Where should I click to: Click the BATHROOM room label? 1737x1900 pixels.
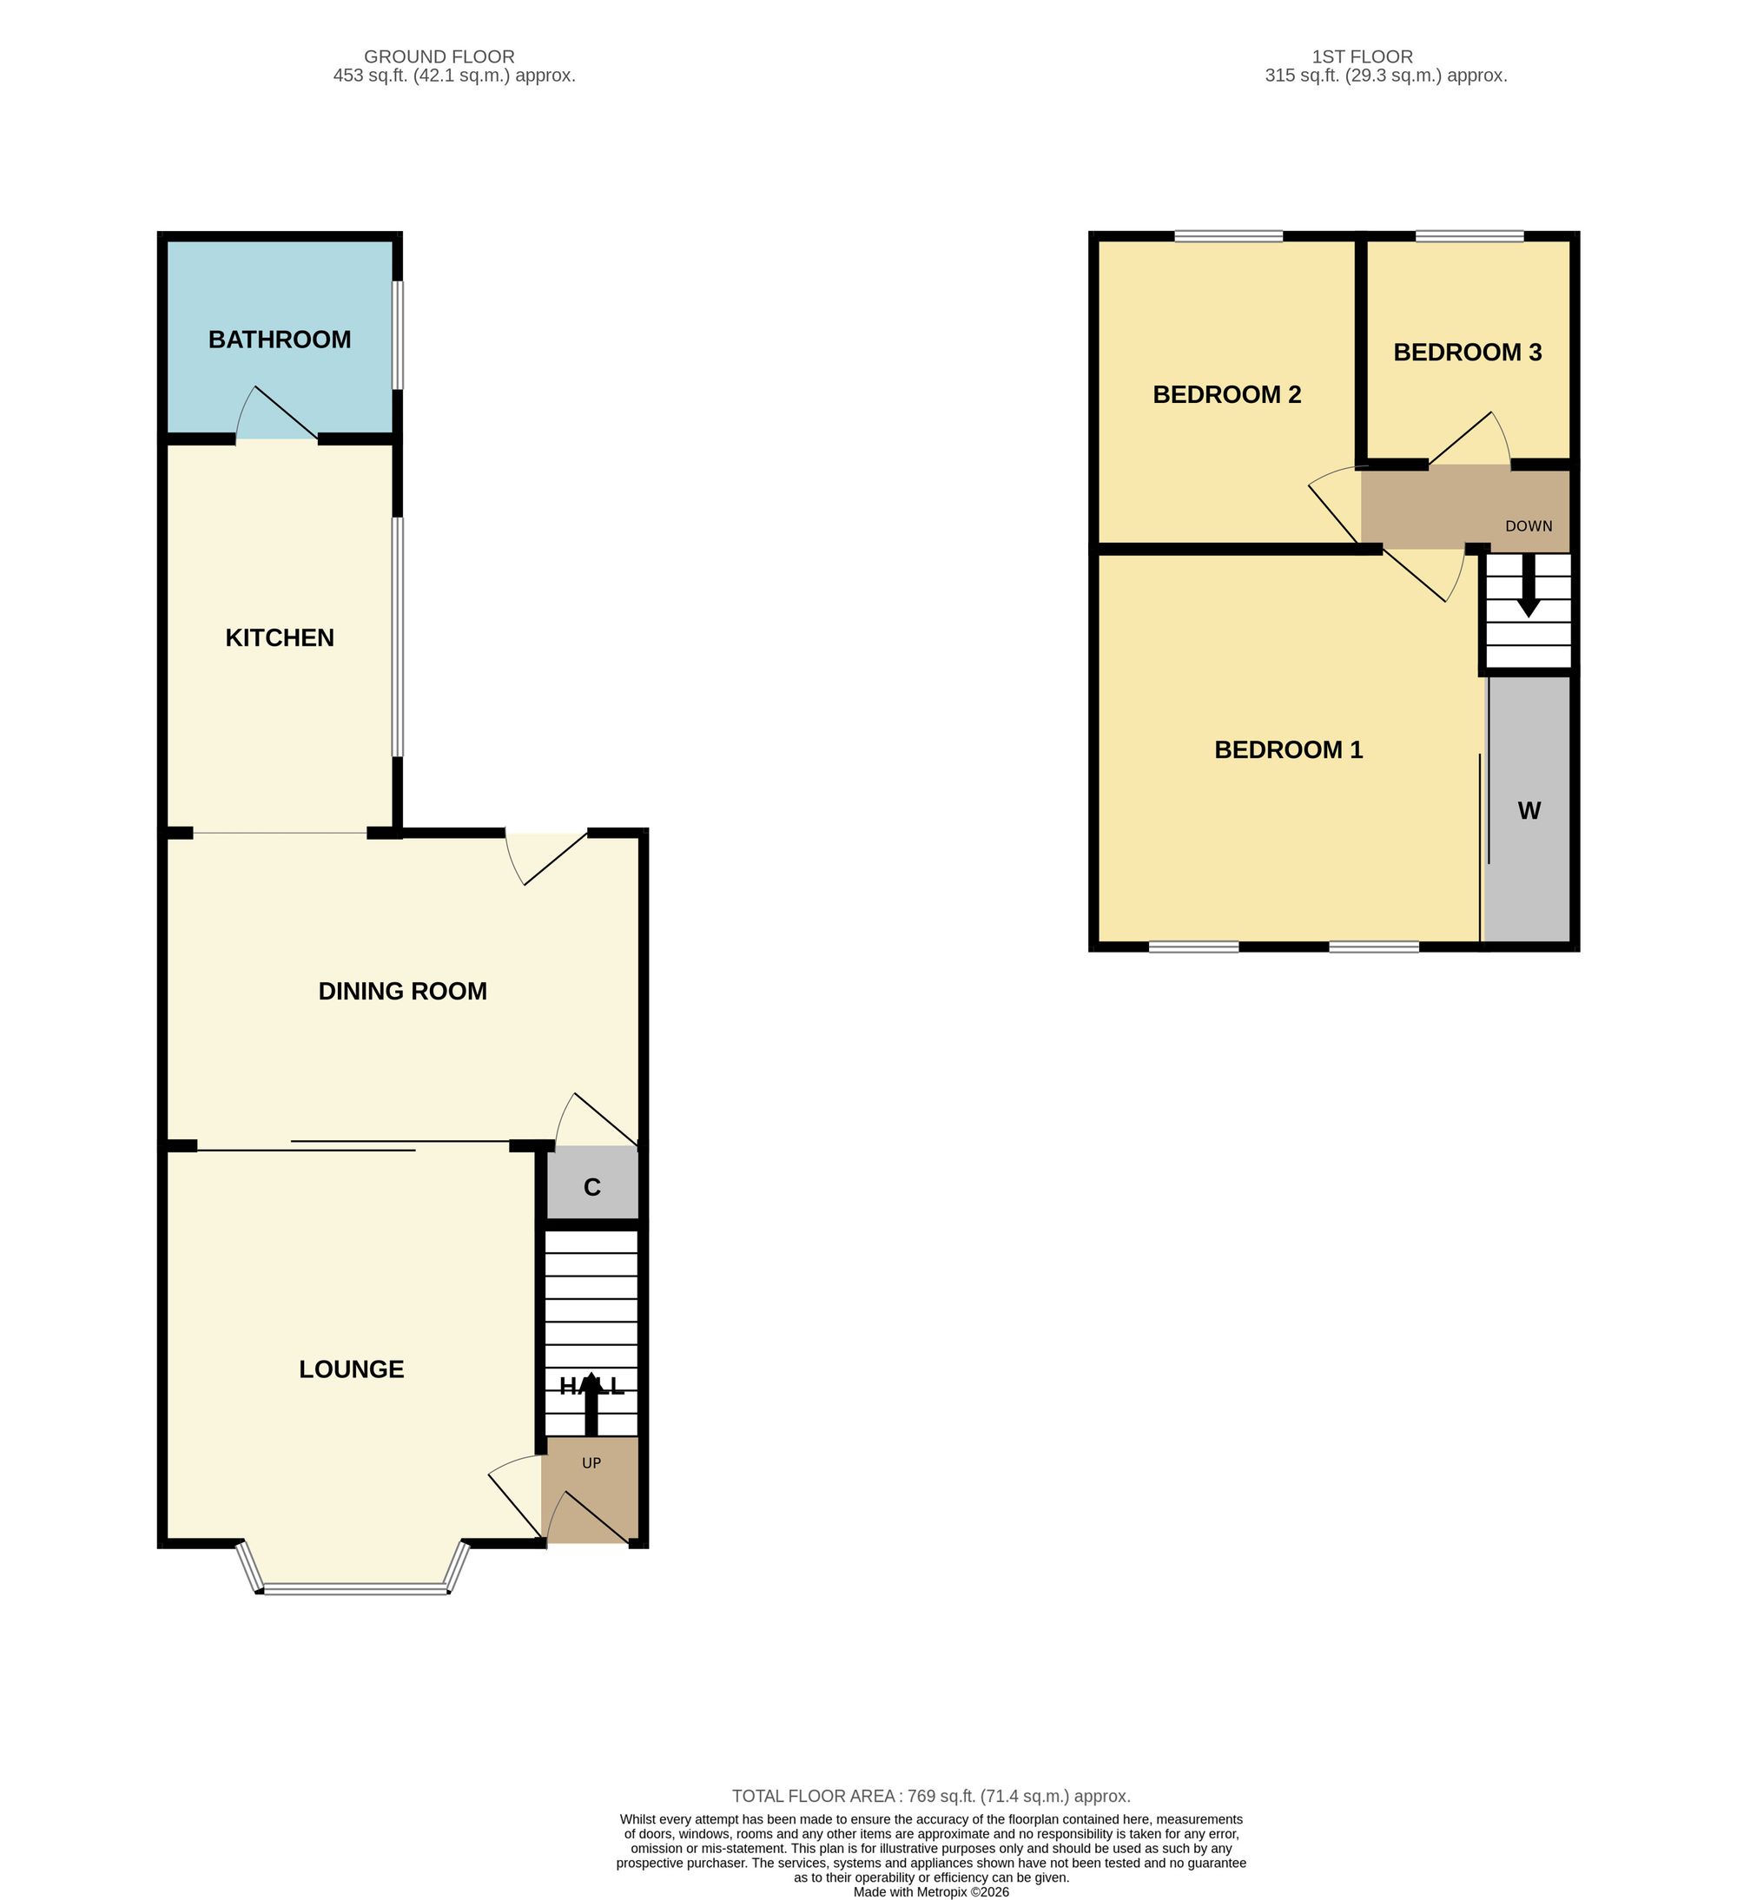279,340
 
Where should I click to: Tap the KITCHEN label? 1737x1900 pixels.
279,638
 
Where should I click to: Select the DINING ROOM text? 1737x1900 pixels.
402,991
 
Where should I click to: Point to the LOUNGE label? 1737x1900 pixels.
352,1369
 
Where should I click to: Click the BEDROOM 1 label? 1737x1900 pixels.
1288,749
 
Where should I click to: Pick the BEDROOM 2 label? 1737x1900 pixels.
1227,394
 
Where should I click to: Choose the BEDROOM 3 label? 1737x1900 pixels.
1468,352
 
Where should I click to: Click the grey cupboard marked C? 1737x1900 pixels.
591,1184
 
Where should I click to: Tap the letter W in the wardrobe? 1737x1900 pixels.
1529,810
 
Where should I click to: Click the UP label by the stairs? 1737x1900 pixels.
591,1462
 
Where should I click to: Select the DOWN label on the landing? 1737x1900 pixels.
1529,526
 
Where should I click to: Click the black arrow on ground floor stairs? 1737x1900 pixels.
591,1404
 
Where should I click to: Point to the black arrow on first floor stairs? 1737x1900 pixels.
1528,585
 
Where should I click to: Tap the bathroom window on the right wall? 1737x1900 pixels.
398,334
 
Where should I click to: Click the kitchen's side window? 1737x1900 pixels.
398,637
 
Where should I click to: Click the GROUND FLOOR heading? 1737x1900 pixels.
439,56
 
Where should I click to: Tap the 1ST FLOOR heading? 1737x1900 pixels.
1362,56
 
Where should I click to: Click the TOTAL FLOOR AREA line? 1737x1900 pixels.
931,1797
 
